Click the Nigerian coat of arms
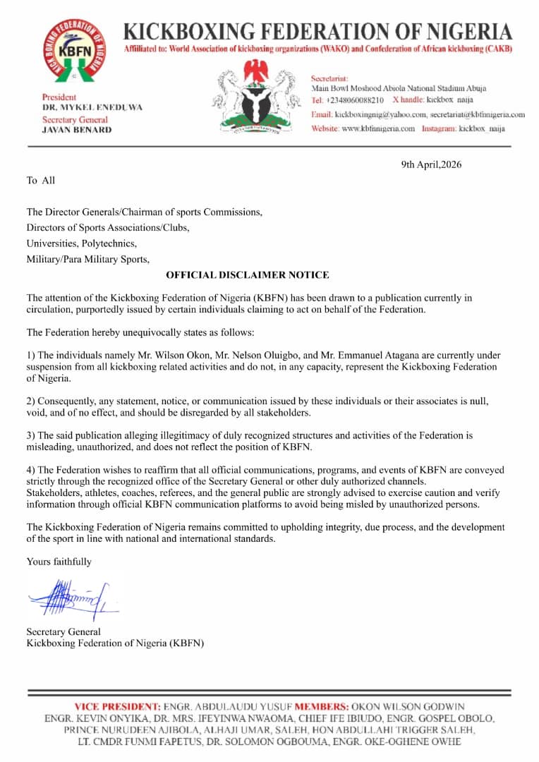point(255,98)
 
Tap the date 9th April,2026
point(430,164)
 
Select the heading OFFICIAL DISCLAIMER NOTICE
point(247,275)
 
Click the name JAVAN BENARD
point(76,130)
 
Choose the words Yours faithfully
point(59,562)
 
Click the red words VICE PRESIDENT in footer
point(117,706)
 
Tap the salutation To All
point(41,181)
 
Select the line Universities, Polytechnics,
point(82,243)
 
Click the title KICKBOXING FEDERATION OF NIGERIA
point(317,32)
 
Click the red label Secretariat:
point(331,78)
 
